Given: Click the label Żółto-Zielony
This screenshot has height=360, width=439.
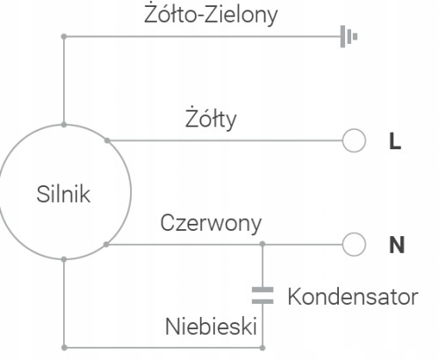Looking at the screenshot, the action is (x=211, y=15).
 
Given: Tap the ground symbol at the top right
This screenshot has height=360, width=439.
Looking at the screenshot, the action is (x=349, y=37).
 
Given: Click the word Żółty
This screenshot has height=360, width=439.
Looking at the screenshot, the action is (x=211, y=119).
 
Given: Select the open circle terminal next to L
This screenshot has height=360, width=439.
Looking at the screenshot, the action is (x=354, y=140).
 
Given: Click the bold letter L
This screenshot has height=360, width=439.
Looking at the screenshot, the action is (x=395, y=141).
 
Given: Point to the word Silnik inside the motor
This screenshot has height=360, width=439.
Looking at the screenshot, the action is (x=63, y=194).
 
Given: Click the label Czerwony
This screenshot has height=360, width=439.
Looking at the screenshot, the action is (x=211, y=223).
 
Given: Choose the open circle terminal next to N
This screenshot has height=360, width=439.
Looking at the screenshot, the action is (x=354, y=244).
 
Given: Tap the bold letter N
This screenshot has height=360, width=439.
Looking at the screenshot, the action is (x=397, y=245).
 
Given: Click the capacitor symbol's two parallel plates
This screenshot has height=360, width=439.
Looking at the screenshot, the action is (x=263, y=295).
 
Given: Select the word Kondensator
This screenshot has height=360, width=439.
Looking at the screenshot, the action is (x=353, y=297).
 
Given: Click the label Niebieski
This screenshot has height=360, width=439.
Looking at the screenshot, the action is (x=211, y=326).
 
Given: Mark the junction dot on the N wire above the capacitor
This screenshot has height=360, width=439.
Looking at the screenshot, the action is (x=263, y=244).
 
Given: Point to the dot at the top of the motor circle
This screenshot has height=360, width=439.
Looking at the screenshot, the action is (x=64, y=125).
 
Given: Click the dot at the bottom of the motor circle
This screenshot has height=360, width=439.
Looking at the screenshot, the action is (x=64, y=259).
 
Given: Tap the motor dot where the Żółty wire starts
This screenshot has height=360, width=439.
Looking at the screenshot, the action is (x=107, y=140).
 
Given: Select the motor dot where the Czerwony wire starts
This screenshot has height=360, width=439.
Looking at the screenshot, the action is (x=106, y=244).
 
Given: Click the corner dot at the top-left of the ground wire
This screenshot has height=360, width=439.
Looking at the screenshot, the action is (x=64, y=37).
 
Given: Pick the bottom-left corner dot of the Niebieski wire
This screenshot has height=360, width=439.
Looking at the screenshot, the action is (x=64, y=348).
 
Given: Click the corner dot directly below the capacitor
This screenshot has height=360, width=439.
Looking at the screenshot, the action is (x=263, y=348).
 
